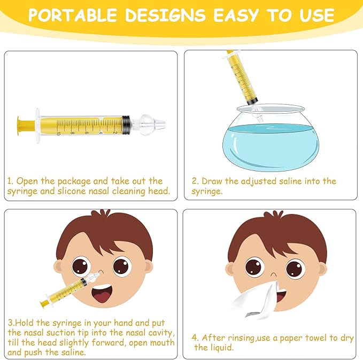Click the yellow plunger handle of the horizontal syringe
[25, 125]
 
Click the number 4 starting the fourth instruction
[196, 338]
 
